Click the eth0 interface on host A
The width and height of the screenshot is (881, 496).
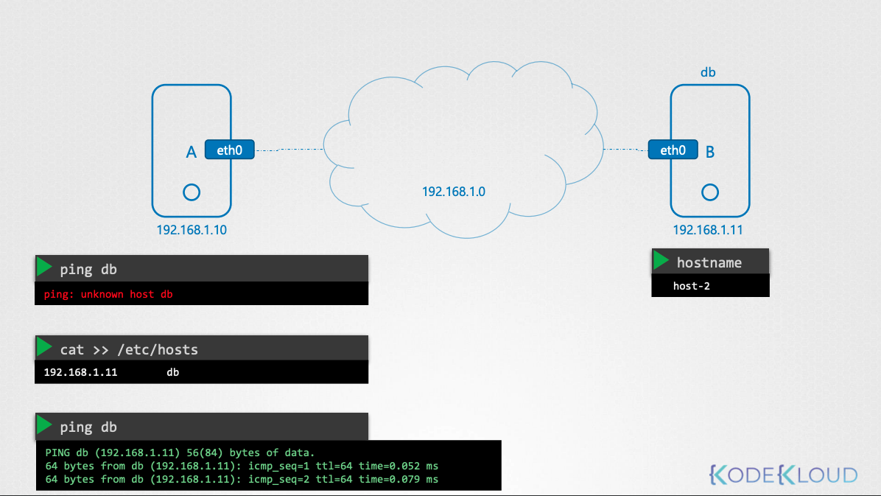229,150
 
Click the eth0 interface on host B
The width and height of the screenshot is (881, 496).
673,150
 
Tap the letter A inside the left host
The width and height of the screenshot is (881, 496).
191,153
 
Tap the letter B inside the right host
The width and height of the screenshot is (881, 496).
709,153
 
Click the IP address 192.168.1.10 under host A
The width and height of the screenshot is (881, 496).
192,230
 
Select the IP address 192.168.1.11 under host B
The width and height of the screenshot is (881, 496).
708,230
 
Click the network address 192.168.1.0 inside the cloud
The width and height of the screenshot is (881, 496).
454,192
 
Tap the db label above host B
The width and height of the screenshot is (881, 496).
708,72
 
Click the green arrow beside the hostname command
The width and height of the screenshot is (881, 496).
661,260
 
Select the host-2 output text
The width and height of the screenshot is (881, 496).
691,286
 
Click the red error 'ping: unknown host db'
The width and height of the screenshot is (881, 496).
108,294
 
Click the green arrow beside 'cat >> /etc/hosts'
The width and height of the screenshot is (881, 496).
43,347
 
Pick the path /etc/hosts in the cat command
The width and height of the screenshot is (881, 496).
158,350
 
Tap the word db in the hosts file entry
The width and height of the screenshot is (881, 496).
172,372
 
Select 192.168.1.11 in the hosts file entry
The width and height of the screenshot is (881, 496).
80,372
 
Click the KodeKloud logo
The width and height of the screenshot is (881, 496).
783,475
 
